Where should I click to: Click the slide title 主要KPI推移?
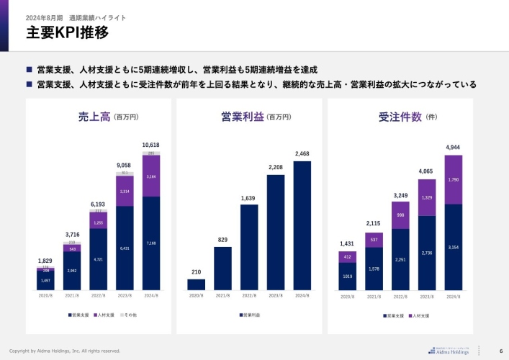pyautogui.click(x=67, y=32)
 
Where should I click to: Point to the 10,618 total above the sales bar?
pyautogui.click(x=150, y=145)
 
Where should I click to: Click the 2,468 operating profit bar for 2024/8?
pyautogui.click(x=302, y=225)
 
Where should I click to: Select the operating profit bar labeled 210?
pyautogui.click(x=197, y=284)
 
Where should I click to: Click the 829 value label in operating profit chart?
pyautogui.click(x=222, y=240)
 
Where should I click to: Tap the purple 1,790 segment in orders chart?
pyautogui.click(x=453, y=179)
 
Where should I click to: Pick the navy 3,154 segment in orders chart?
pyautogui.click(x=453, y=247)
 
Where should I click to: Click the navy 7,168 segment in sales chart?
pyautogui.click(x=150, y=243)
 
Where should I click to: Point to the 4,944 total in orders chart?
pyautogui.click(x=453, y=148)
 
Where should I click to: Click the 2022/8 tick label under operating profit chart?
pyautogui.click(x=249, y=296)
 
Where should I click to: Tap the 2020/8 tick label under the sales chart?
pyautogui.click(x=45, y=296)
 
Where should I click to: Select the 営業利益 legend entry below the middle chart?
pyautogui.click(x=251, y=315)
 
